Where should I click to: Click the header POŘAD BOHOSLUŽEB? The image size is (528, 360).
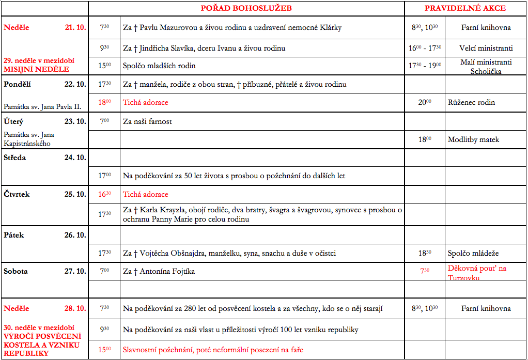246,8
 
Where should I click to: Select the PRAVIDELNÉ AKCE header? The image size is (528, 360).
465,8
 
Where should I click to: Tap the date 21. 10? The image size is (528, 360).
75,27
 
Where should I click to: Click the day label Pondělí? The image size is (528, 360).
18,84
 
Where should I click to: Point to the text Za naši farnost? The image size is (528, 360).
147,121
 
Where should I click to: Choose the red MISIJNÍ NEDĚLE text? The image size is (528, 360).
36,69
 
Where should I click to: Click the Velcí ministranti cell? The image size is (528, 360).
486,48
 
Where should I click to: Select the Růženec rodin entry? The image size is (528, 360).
471,102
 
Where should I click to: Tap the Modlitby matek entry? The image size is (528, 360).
473,139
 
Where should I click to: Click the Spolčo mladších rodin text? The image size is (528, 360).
159,66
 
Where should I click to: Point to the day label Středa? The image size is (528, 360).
14,158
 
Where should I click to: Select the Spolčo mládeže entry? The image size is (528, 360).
473,254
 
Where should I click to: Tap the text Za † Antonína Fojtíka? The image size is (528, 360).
159,271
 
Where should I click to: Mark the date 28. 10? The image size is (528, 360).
75,308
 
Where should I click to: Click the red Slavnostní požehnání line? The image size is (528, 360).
213,350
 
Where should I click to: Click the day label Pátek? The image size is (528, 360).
14,235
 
